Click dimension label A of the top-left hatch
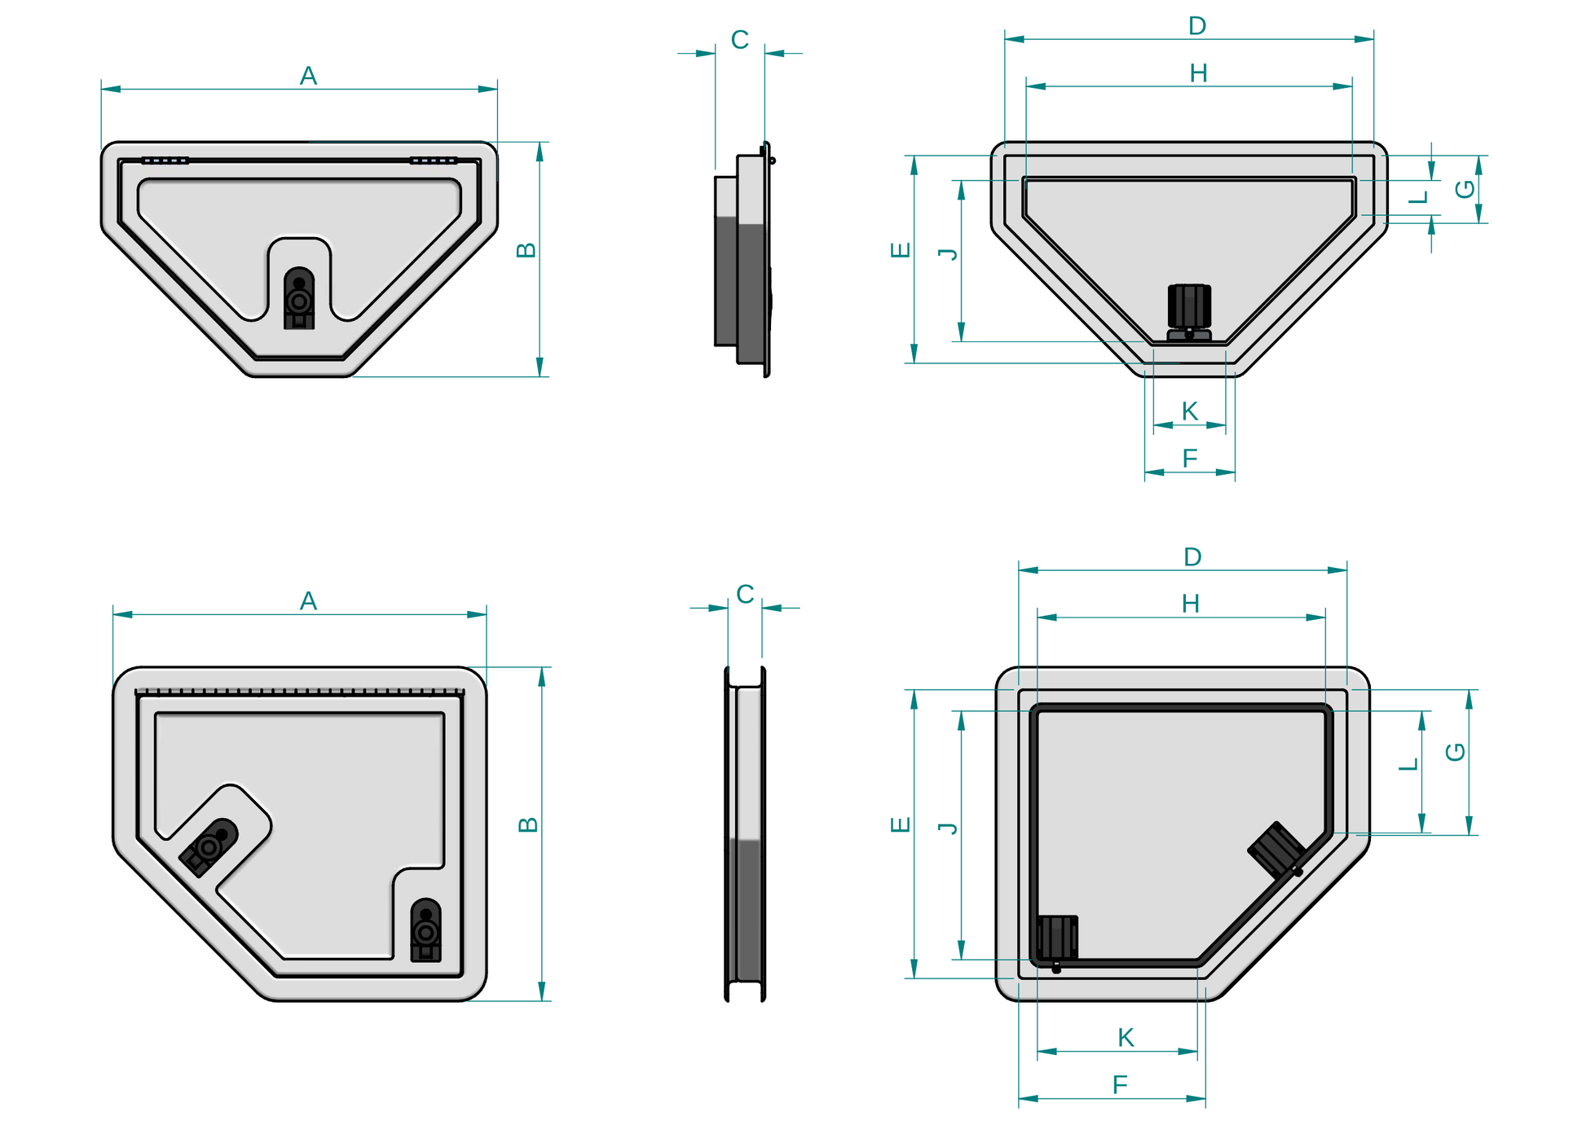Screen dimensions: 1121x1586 click(x=308, y=76)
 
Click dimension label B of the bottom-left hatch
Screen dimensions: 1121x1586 click(x=527, y=824)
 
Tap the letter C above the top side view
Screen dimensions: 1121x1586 click(x=739, y=40)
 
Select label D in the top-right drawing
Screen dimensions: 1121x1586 click(x=1196, y=26)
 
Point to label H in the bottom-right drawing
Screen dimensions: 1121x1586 click(x=1190, y=604)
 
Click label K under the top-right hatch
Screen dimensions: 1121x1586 click(x=1189, y=411)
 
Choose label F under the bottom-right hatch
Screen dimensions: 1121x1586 click(x=1120, y=1084)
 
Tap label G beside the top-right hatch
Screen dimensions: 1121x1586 click(x=1465, y=189)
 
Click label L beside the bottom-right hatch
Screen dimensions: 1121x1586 click(x=1408, y=764)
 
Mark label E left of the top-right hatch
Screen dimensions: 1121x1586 click(x=900, y=250)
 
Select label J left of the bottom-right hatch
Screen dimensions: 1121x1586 click(x=948, y=828)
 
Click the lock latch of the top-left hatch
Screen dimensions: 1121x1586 click(x=299, y=299)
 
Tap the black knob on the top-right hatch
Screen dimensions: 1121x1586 click(x=1189, y=307)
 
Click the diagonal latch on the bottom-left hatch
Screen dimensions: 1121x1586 click(x=209, y=846)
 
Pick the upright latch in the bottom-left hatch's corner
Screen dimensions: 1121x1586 click(x=425, y=930)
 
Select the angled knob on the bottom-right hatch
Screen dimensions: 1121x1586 click(x=1276, y=850)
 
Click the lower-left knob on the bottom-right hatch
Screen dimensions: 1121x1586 click(x=1057, y=939)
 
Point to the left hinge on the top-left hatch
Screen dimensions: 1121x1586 click(x=165, y=160)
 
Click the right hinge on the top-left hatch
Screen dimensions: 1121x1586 click(x=433, y=160)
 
